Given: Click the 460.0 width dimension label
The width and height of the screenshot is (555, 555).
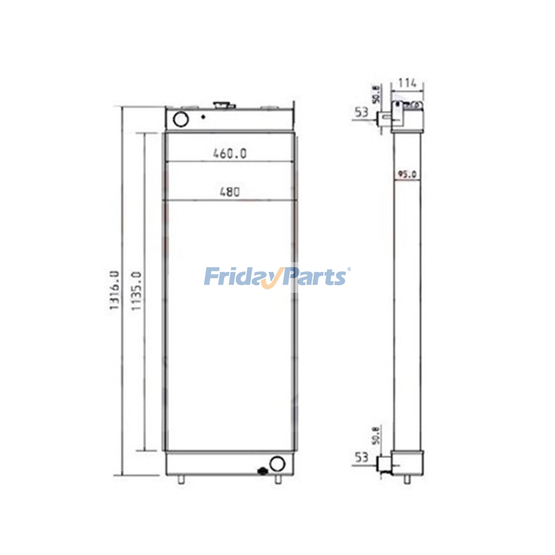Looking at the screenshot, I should click(x=229, y=154).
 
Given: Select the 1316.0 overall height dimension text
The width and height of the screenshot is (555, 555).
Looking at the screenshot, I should click(x=114, y=290).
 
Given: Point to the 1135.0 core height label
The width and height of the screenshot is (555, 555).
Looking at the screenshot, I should click(x=136, y=290).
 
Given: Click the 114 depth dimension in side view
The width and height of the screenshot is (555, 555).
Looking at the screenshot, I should click(x=407, y=83).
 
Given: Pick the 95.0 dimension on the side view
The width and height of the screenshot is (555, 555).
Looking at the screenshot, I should click(x=407, y=175).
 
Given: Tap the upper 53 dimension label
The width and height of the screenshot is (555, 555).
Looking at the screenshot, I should click(x=361, y=111).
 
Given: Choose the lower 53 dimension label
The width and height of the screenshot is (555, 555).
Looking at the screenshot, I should click(x=361, y=456).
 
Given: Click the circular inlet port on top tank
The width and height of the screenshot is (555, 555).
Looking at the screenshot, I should click(x=180, y=119).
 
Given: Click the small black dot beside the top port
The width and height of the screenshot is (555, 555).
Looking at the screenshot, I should click(x=203, y=117).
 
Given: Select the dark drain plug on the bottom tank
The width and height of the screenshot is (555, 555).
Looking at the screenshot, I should click(x=263, y=471).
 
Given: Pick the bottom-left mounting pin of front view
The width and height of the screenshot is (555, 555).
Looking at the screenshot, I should click(x=181, y=479).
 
